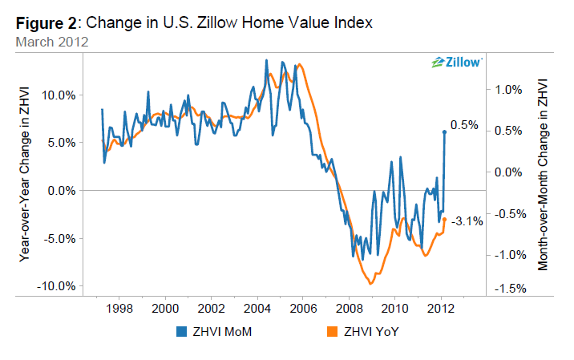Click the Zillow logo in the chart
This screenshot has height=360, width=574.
coord(456,62)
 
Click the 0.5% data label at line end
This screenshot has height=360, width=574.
coord(464,125)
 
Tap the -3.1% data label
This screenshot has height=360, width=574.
coord(467,220)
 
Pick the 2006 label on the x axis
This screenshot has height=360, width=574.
coord(302,308)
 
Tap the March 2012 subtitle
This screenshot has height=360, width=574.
coord(50,41)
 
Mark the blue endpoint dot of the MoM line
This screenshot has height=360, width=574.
coord(444,131)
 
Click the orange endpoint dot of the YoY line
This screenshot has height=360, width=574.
coord(444,219)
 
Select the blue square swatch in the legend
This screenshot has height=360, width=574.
coord(180,330)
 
